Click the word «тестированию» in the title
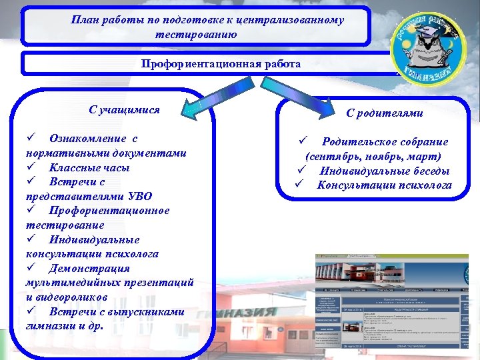[196, 33]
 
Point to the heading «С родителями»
[384, 113]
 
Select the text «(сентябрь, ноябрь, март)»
[373, 156]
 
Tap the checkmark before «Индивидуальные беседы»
[301, 171]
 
